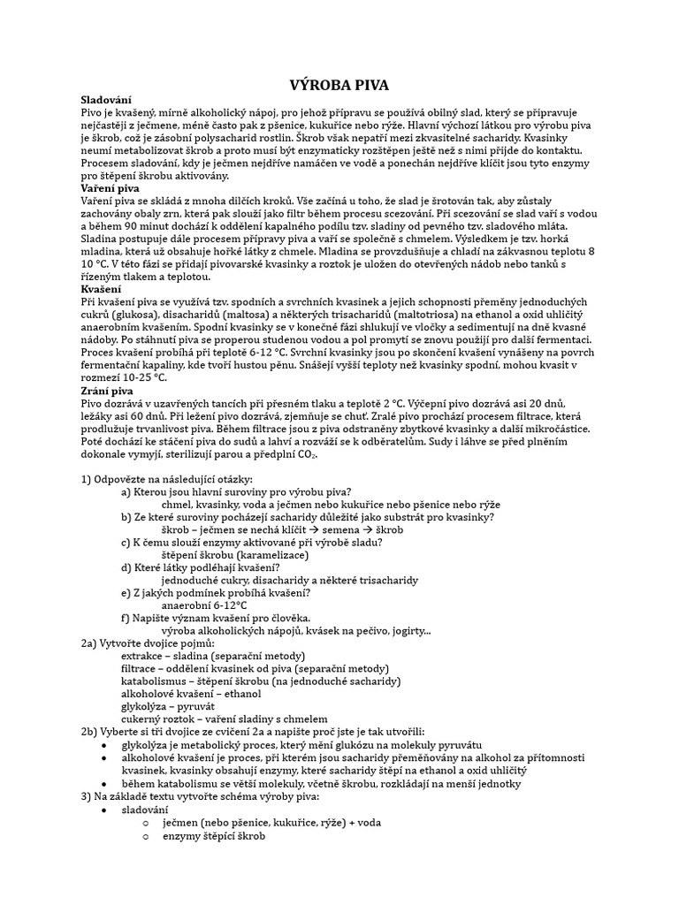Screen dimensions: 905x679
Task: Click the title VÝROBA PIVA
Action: click(x=339, y=85)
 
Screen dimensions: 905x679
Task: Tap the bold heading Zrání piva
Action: click(x=107, y=390)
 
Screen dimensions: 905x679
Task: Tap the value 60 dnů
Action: click(x=149, y=415)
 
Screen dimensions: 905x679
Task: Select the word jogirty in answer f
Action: click(x=405, y=631)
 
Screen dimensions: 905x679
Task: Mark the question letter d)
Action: click(x=126, y=567)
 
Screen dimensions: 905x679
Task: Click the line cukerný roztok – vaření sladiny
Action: click(x=224, y=719)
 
